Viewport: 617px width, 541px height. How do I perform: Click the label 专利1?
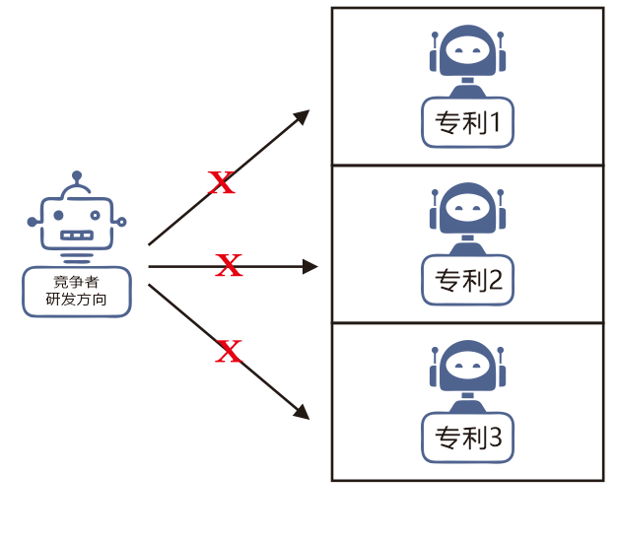pos(468,122)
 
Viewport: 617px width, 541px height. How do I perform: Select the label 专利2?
pos(468,280)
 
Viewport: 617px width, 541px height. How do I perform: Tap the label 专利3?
pos(468,438)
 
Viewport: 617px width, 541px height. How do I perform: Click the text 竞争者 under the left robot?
pos(76,282)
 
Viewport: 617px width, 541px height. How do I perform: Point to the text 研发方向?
pos(76,299)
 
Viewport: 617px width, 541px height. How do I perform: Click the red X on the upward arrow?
pos(222,182)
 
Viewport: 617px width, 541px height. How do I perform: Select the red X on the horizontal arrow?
pos(229,265)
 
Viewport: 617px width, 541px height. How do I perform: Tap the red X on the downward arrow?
pos(229,351)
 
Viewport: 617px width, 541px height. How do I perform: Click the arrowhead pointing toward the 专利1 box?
pos(303,117)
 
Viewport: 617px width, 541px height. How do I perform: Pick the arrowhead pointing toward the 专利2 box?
pos(310,267)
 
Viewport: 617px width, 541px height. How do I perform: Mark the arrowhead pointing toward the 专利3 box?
pos(303,412)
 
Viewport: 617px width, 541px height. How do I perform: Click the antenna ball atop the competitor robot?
pos(77,175)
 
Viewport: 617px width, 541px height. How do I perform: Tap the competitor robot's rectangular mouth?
pos(77,236)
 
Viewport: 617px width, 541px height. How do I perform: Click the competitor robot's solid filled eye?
pos(58,215)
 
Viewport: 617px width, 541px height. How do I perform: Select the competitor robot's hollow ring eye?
pos(96,215)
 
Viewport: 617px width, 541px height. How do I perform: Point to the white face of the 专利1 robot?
pos(467,50)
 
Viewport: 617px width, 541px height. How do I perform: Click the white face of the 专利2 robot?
pos(467,207)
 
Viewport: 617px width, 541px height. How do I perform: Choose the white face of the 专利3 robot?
pos(467,366)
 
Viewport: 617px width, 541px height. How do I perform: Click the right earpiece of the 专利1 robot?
pos(502,60)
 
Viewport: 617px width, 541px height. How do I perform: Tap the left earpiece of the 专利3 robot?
pos(434,375)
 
